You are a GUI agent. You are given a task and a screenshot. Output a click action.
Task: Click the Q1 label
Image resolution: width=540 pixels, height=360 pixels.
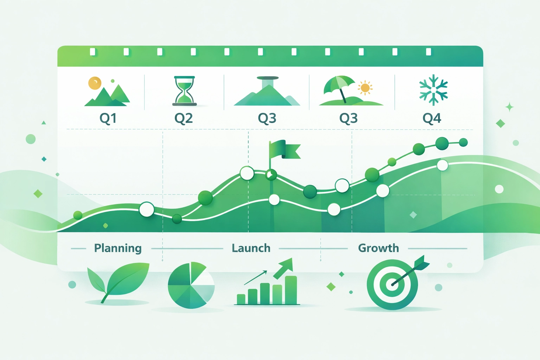[108, 118]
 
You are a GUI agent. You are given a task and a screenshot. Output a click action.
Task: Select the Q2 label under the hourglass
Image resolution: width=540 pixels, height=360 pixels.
[184, 118]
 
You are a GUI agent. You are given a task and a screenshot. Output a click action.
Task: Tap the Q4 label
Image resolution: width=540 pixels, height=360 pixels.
[432, 118]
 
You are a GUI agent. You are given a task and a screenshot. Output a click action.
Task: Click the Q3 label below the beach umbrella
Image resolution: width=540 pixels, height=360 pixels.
[348, 118]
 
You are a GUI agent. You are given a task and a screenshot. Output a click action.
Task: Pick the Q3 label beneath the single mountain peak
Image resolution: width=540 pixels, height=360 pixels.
[267, 118]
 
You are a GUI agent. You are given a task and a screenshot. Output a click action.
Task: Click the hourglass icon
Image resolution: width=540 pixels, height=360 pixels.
[185, 91]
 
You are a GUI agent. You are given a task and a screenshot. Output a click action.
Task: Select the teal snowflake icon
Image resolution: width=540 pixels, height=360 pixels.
[433, 90]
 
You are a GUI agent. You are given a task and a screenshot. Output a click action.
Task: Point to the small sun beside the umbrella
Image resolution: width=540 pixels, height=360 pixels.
[365, 88]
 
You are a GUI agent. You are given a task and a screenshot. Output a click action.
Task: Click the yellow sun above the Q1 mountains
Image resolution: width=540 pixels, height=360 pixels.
[95, 83]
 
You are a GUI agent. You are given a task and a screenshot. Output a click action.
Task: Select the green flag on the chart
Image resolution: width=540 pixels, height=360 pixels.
[284, 149]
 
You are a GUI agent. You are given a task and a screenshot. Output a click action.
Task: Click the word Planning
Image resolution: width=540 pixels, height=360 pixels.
[118, 248]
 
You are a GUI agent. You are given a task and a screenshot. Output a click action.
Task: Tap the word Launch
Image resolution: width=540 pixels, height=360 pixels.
[251, 248]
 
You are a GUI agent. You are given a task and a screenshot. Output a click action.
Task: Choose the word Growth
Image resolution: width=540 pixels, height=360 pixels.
[379, 248]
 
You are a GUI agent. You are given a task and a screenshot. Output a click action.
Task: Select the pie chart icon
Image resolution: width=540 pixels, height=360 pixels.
[191, 285]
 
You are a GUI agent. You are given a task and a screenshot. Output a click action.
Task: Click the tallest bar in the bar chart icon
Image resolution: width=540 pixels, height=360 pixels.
[291, 290]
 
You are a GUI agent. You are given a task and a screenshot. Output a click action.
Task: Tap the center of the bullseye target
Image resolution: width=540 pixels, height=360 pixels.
[392, 284]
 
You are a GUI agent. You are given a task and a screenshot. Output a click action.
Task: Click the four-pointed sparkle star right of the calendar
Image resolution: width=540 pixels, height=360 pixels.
[509, 107]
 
